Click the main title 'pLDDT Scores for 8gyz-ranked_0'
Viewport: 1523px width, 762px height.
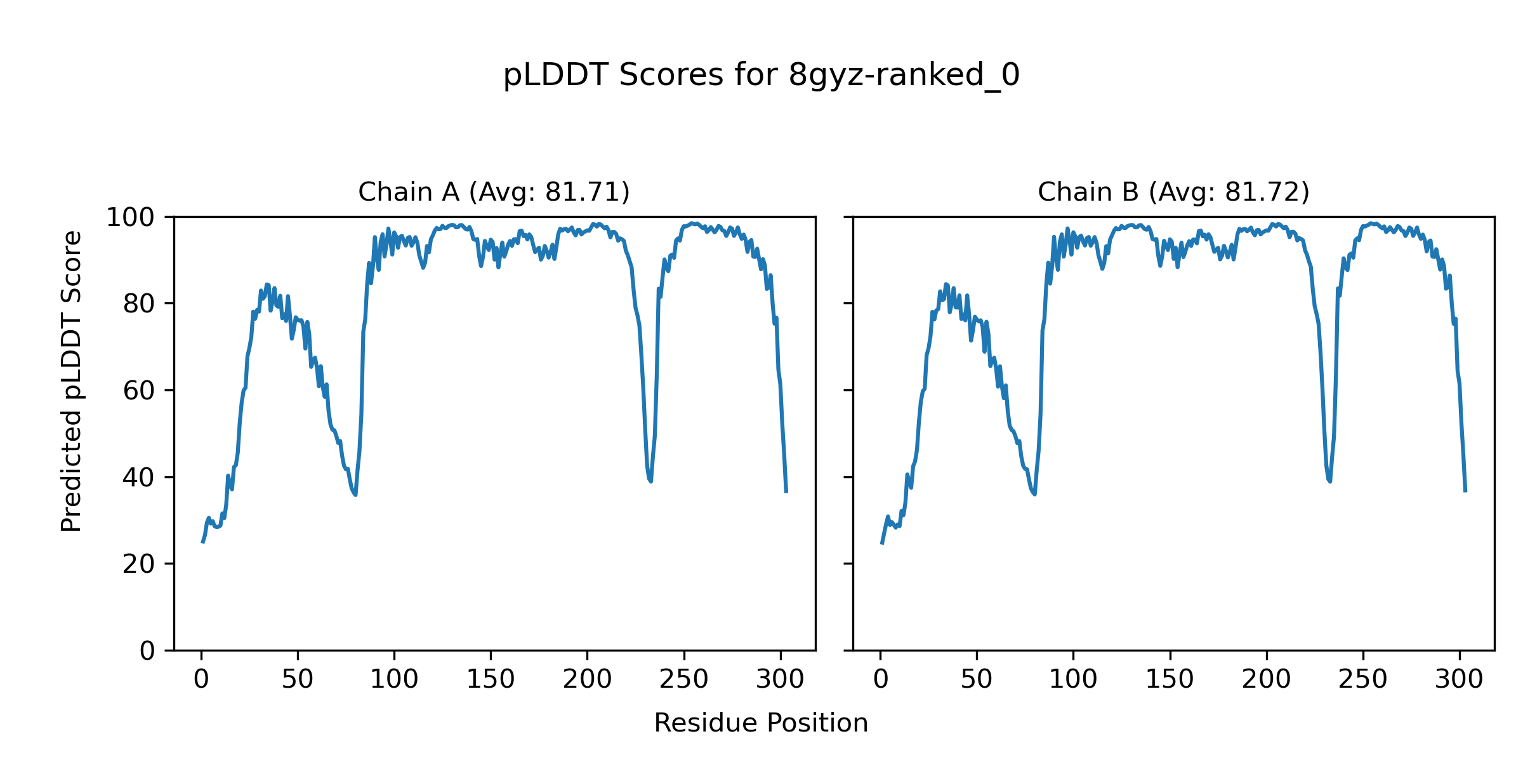[761, 76]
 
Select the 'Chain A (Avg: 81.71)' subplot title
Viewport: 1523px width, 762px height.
[494, 192]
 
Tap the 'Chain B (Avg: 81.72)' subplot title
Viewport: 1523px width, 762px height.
[1173, 192]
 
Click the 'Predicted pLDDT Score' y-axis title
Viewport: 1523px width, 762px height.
[72, 381]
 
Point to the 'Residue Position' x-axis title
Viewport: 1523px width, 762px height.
[761, 723]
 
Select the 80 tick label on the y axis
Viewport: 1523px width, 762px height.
[139, 304]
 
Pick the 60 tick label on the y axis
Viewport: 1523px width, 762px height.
[139, 391]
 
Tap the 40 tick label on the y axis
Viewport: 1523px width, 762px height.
[139, 478]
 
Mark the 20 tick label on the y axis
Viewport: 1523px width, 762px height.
[139, 565]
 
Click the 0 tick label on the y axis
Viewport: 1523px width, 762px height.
[147, 651]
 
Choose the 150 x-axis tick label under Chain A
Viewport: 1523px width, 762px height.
[491, 679]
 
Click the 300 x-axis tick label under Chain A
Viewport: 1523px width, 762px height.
[781, 679]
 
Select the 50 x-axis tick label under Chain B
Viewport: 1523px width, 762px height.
[977, 679]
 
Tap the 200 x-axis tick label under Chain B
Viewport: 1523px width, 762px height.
[1267, 679]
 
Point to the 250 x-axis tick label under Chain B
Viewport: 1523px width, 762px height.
[1363, 679]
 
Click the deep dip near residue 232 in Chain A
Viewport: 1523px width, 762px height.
[650, 481]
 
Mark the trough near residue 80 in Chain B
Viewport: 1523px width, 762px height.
[1035, 494]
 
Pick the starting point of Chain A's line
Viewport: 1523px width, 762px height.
[202, 542]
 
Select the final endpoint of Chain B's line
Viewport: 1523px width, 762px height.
[1465, 491]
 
